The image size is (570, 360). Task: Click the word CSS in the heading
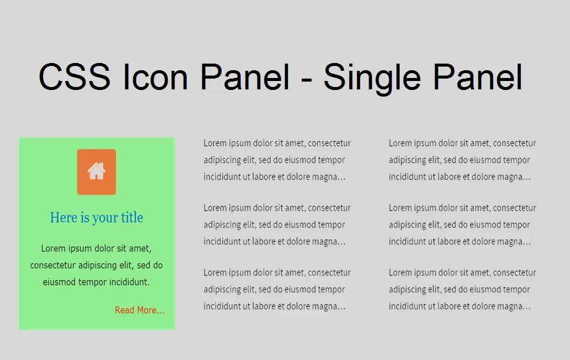point(74,77)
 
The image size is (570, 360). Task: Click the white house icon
point(97,172)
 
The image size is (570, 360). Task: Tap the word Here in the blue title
point(64,218)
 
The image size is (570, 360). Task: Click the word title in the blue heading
point(132,218)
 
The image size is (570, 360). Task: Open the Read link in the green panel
point(124,310)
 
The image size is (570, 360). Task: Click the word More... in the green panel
point(151,310)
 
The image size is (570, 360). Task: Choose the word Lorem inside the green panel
point(53,248)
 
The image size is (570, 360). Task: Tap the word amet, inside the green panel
point(141,248)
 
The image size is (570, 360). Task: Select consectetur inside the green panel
point(55,265)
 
